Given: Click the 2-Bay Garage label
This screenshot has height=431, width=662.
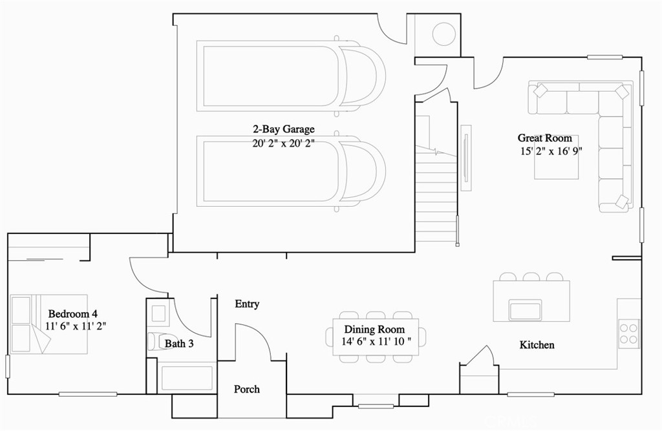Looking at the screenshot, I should pos(284,129).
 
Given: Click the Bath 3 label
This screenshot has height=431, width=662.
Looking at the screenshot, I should pos(179,344).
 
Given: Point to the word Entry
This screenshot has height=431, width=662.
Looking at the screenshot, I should pos(247,304).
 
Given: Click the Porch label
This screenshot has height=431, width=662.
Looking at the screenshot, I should pos(247,389).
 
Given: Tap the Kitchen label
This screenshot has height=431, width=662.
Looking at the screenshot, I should pos(537,345).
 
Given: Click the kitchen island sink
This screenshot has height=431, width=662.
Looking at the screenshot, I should pos(525,310).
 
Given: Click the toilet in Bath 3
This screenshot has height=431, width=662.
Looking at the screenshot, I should pos(155,341).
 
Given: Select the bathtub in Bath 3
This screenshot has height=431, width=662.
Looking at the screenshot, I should pos(186,378).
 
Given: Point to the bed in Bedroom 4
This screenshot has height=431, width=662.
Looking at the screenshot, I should pos(48,324).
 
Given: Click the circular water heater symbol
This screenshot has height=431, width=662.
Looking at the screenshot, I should pos(443,34).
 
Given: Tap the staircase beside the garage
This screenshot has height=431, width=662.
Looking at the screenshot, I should pos(436,194).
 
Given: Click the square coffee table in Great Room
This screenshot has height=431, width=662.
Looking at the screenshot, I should pos(556,157).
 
